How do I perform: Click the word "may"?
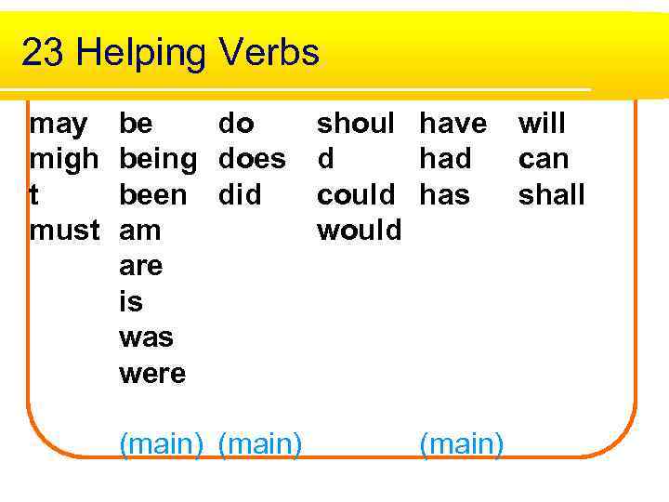59,125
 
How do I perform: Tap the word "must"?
64,231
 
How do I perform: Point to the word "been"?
153,195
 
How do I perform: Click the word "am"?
140,231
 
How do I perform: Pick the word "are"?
140,267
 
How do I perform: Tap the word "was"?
147,338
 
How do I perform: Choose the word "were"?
152,374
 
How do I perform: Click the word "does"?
252,160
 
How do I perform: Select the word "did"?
239,195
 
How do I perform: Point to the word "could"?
356,195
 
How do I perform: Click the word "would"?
360,231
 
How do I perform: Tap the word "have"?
453,124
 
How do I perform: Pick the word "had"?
446,160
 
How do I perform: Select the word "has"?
445,195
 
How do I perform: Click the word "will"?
542,124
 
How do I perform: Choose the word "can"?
544,160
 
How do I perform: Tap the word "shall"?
552,195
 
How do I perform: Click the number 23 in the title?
43,53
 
